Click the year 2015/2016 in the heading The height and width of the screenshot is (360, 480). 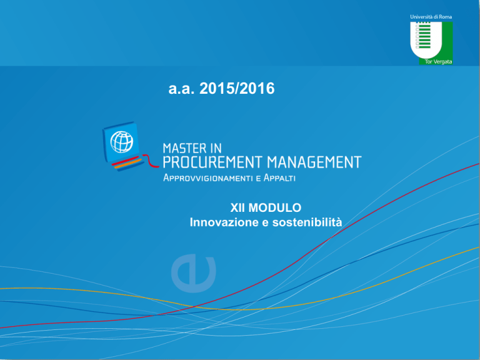tap(237, 89)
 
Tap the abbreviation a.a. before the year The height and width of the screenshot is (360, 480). tap(181, 89)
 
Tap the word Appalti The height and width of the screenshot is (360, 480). tap(279, 178)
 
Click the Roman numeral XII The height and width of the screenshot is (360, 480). tap(237, 208)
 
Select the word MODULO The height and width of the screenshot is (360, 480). tap(275, 208)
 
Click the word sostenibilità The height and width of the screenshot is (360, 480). tap(307, 222)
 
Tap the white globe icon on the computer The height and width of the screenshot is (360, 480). tap(122, 142)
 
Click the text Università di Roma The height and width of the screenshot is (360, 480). tap(431, 17)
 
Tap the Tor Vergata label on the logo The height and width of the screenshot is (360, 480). tap(438, 62)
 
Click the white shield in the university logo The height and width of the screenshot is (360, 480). tap(426, 41)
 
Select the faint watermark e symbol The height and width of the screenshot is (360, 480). tap(194, 273)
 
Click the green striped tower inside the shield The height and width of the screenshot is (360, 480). tap(423, 35)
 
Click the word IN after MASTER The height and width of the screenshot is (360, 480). tap(216, 149)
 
